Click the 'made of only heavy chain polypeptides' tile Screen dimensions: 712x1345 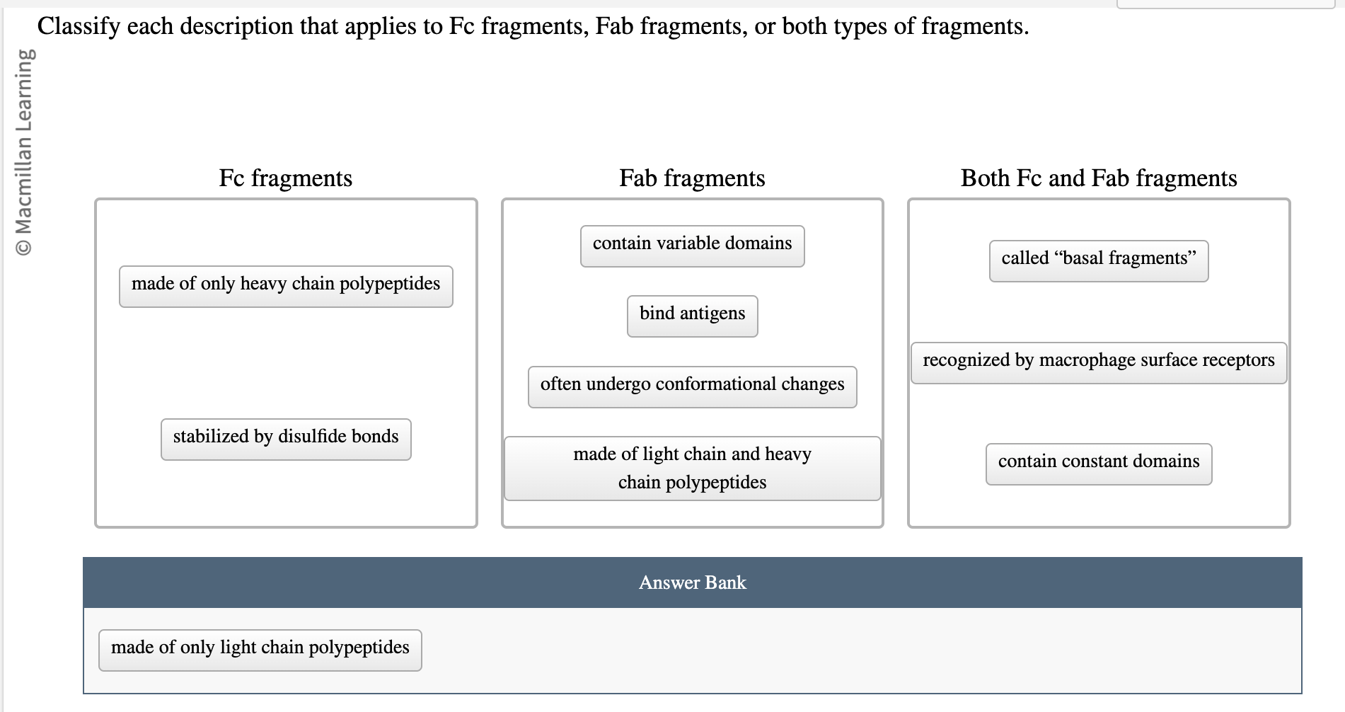(286, 286)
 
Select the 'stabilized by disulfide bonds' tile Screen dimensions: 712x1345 (286, 439)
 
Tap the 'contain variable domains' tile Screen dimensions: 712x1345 (692, 246)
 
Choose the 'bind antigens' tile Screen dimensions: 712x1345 (692, 316)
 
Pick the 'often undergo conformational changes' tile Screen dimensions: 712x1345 (692, 386)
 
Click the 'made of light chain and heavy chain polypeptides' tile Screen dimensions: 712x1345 (692, 468)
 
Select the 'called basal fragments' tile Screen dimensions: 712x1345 (1098, 260)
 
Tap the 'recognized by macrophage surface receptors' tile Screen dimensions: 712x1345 (1098, 362)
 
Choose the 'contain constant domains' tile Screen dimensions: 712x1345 (1098, 464)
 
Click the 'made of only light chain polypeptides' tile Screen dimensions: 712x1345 (260, 650)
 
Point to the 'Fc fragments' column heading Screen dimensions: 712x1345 (285, 178)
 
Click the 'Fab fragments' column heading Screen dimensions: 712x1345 (692, 178)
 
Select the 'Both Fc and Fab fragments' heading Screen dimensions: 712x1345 (1098, 178)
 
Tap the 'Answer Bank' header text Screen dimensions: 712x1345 (692, 582)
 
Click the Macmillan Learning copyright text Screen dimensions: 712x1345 (24, 151)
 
